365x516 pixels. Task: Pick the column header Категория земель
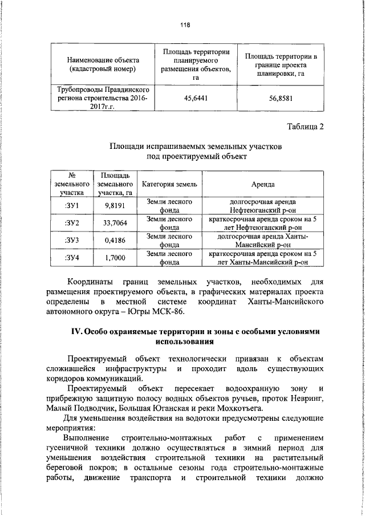tap(169, 184)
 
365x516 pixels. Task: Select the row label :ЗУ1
tap(72, 206)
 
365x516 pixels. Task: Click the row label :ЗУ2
tap(72, 223)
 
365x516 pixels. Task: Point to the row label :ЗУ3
tap(72, 241)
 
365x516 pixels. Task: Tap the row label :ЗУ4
tap(72, 258)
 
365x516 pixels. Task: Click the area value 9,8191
tap(115, 206)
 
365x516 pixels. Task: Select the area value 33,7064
tap(115, 223)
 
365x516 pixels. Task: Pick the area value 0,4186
tap(115, 241)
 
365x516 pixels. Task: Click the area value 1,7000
tap(115, 258)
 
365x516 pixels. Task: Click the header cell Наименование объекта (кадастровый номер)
tap(100, 64)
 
